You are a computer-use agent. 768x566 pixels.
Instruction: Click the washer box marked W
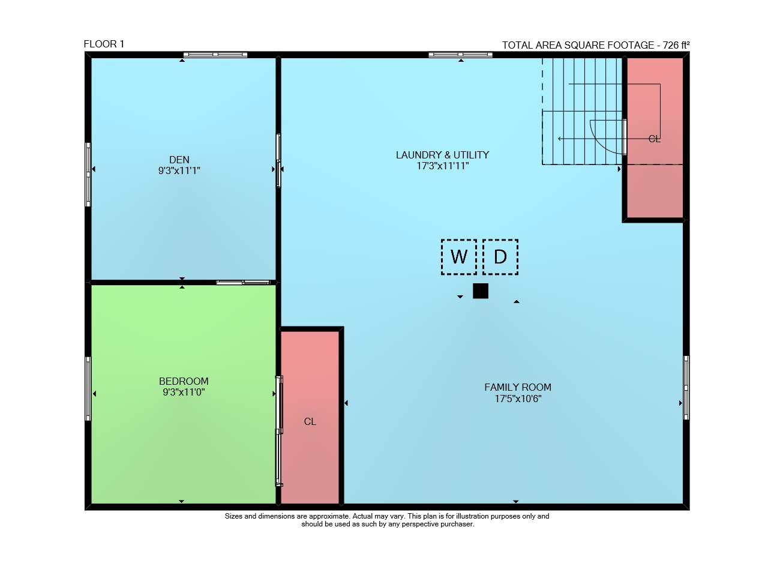(459, 257)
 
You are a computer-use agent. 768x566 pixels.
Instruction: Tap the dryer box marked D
(500, 257)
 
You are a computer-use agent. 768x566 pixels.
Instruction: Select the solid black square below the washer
(481, 291)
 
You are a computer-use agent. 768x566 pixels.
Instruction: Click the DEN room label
(179, 160)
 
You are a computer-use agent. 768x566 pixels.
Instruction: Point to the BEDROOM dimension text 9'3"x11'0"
(184, 392)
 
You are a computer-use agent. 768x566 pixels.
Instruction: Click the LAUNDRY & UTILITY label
(442, 155)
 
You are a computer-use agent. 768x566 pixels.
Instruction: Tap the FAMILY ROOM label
(518, 387)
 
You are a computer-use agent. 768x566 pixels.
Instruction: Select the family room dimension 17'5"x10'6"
(518, 399)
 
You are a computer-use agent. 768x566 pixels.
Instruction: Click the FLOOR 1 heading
(104, 44)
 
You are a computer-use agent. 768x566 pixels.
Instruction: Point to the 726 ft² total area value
(676, 45)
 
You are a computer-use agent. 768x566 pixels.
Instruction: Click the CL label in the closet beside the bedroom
(310, 421)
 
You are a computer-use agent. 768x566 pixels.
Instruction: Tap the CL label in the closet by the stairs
(654, 139)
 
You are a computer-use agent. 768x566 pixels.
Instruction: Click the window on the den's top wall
(215, 54)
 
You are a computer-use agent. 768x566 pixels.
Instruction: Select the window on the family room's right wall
(686, 388)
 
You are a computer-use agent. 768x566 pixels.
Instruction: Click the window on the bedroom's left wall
(88, 389)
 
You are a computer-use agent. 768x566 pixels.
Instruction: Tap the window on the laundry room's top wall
(460, 54)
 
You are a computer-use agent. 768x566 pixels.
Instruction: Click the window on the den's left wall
(88, 175)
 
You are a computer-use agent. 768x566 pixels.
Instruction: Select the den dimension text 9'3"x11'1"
(179, 170)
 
